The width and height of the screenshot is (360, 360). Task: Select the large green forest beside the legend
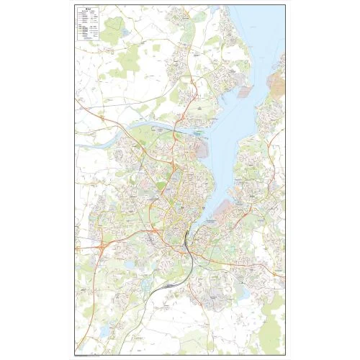pos(113,30)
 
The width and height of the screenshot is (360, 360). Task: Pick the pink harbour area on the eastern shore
pos(242,208)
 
